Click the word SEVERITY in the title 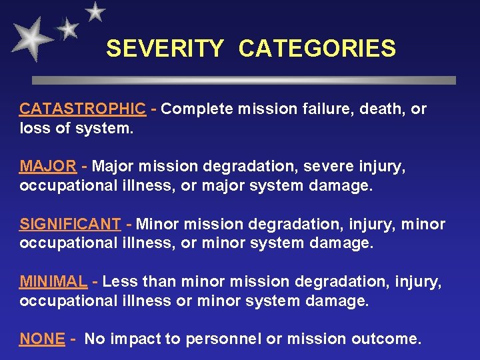tap(165, 49)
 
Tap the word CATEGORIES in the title tap(317, 49)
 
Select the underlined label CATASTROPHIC tap(82, 109)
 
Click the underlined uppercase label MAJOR tap(47, 166)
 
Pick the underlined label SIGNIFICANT tap(70, 224)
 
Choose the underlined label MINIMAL tap(53, 282)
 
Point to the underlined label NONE tap(42, 339)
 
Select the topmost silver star tap(96, 11)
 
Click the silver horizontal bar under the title tap(244, 80)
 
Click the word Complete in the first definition tap(193, 109)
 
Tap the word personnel tap(223, 339)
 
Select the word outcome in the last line tap(389, 339)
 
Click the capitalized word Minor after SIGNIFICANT tap(157, 224)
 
